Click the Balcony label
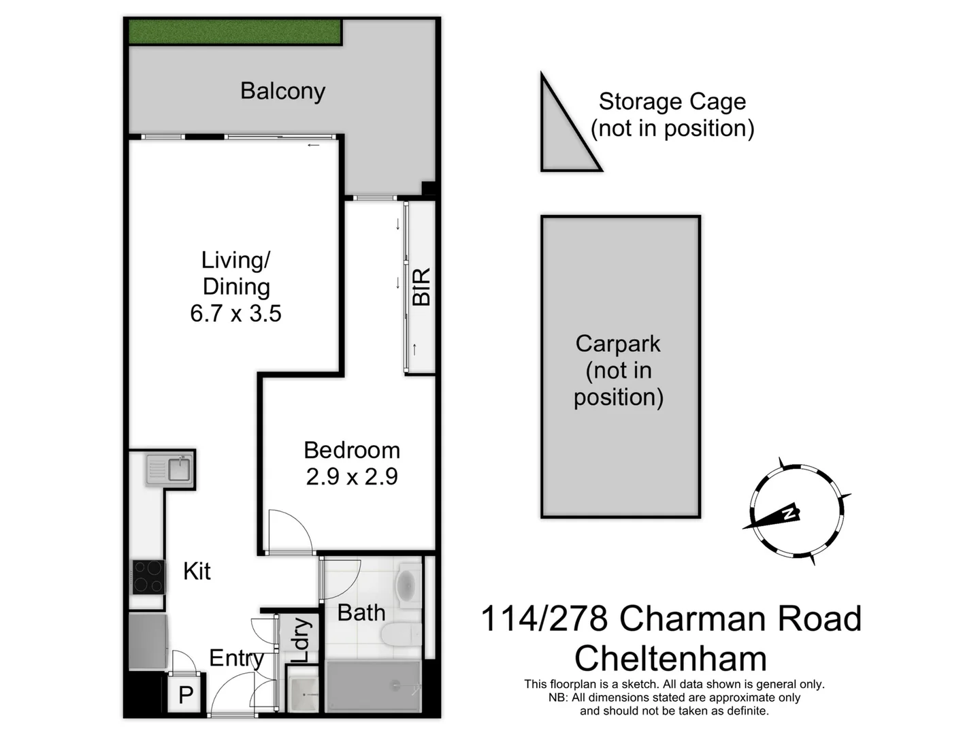coord(282,91)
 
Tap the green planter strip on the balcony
coord(235,31)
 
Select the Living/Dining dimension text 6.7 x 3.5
coord(235,314)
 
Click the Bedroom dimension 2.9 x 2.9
coord(351,477)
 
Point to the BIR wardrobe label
coord(421,287)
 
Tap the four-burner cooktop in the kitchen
coord(148,577)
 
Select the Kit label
coord(197,572)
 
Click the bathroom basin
coord(406,585)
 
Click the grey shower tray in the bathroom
coord(373,686)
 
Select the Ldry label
coord(301,640)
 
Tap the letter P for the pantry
coord(186,696)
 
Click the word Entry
coord(236,658)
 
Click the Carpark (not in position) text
coord(618,370)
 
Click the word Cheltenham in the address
coord(670,659)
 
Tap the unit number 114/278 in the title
coord(544,619)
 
